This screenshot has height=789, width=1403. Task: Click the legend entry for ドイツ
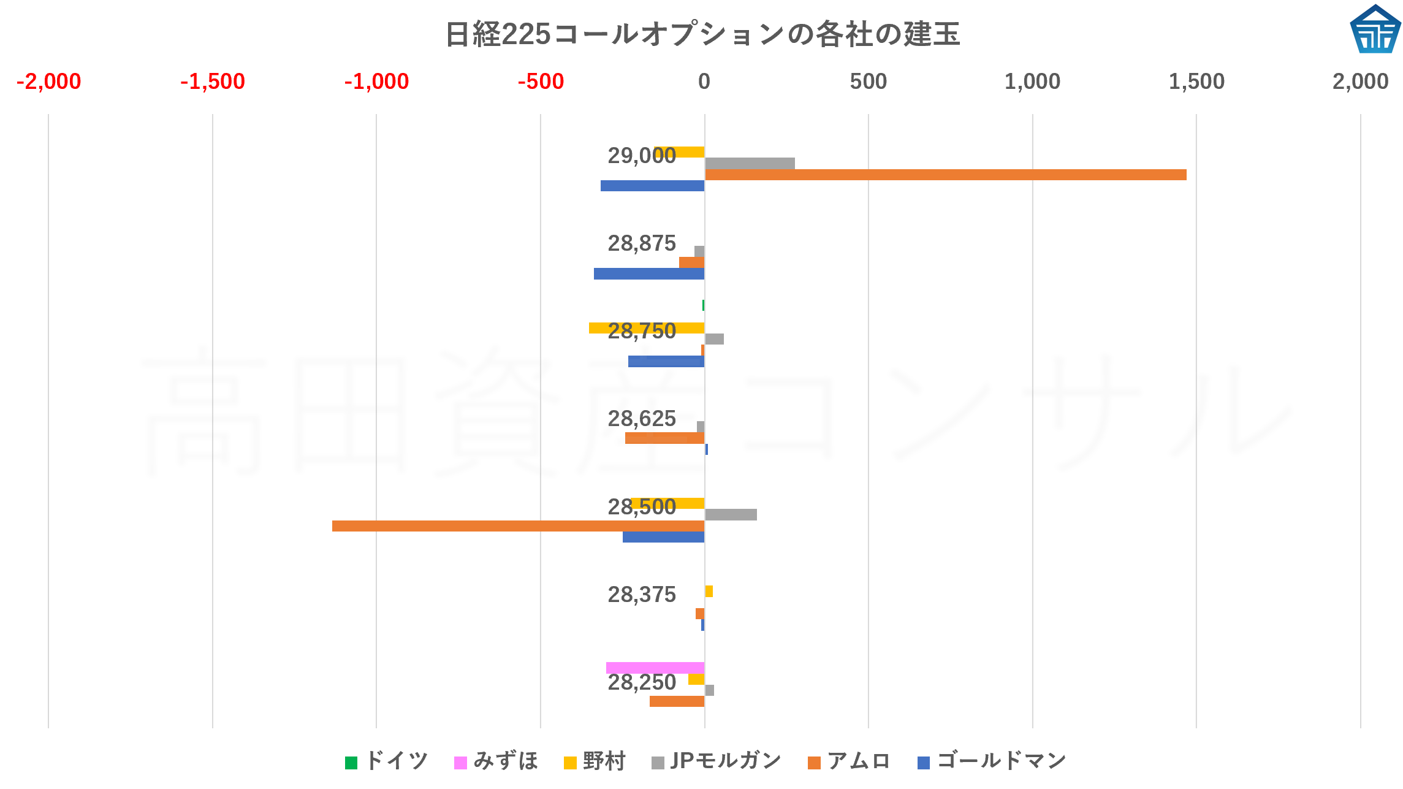[x=387, y=761]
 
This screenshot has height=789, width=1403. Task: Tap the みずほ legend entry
[x=496, y=761]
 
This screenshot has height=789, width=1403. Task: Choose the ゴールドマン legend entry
[x=992, y=761]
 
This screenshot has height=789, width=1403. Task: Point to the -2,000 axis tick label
[x=48, y=82]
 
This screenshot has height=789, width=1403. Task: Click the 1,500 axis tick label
[x=1196, y=82]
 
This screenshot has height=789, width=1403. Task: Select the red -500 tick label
[x=540, y=82]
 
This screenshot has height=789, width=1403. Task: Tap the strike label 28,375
[x=641, y=595]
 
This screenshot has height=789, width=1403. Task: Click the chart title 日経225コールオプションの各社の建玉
[x=702, y=34]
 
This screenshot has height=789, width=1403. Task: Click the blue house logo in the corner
[x=1375, y=29]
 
